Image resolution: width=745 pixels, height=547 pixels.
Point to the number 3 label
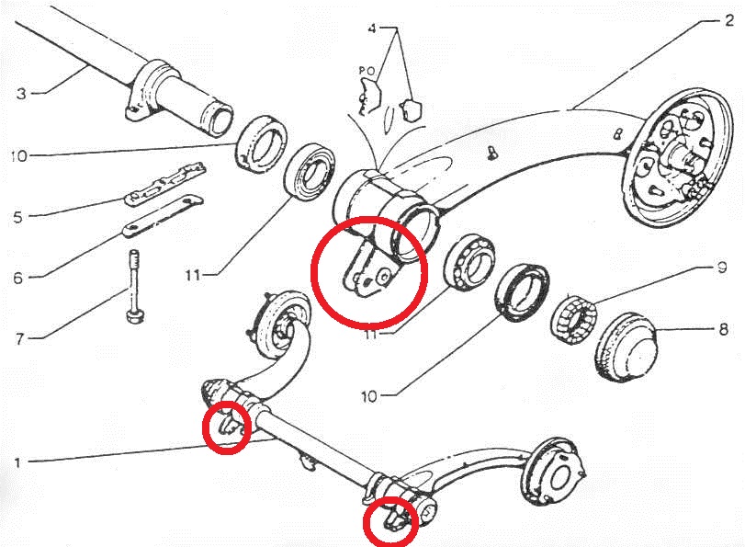click(x=20, y=93)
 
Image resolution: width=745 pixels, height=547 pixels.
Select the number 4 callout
click(x=372, y=29)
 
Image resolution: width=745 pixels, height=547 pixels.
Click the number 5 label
click(x=17, y=217)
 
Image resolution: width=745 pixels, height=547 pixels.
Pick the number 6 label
click(x=17, y=276)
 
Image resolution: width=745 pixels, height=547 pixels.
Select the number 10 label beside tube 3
click(x=18, y=156)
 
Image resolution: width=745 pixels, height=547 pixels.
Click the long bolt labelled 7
click(x=135, y=285)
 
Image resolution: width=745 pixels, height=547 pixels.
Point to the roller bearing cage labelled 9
click(x=576, y=317)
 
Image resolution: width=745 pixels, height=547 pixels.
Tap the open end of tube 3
click(x=219, y=119)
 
